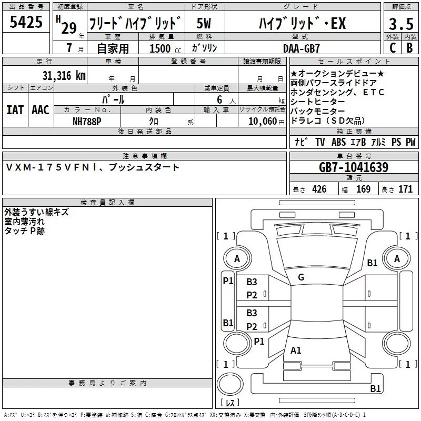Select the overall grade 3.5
click(400, 24)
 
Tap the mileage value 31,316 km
click(65, 75)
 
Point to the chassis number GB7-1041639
click(354, 168)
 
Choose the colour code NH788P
click(87, 121)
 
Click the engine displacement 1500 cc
click(160, 48)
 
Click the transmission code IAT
click(15, 109)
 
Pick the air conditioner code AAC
click(41, 109)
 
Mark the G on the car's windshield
click(300, 277)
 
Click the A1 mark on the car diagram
click(296, 350)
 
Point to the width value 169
click(363, 189)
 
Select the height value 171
click(405, 189)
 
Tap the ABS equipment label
click(338, 142)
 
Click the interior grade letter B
click(409, 48)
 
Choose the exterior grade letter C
click(393, 48)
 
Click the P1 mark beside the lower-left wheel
click(259, 341)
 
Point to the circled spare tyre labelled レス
click(230, 403)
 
